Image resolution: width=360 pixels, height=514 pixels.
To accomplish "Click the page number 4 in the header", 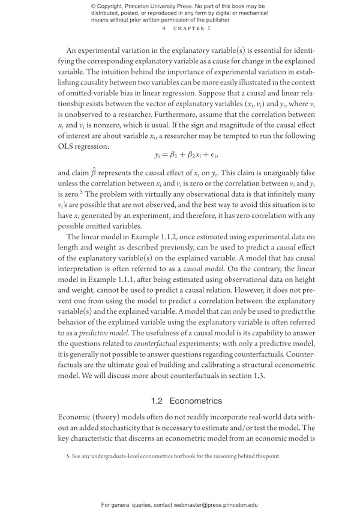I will [x=163, y=28].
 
